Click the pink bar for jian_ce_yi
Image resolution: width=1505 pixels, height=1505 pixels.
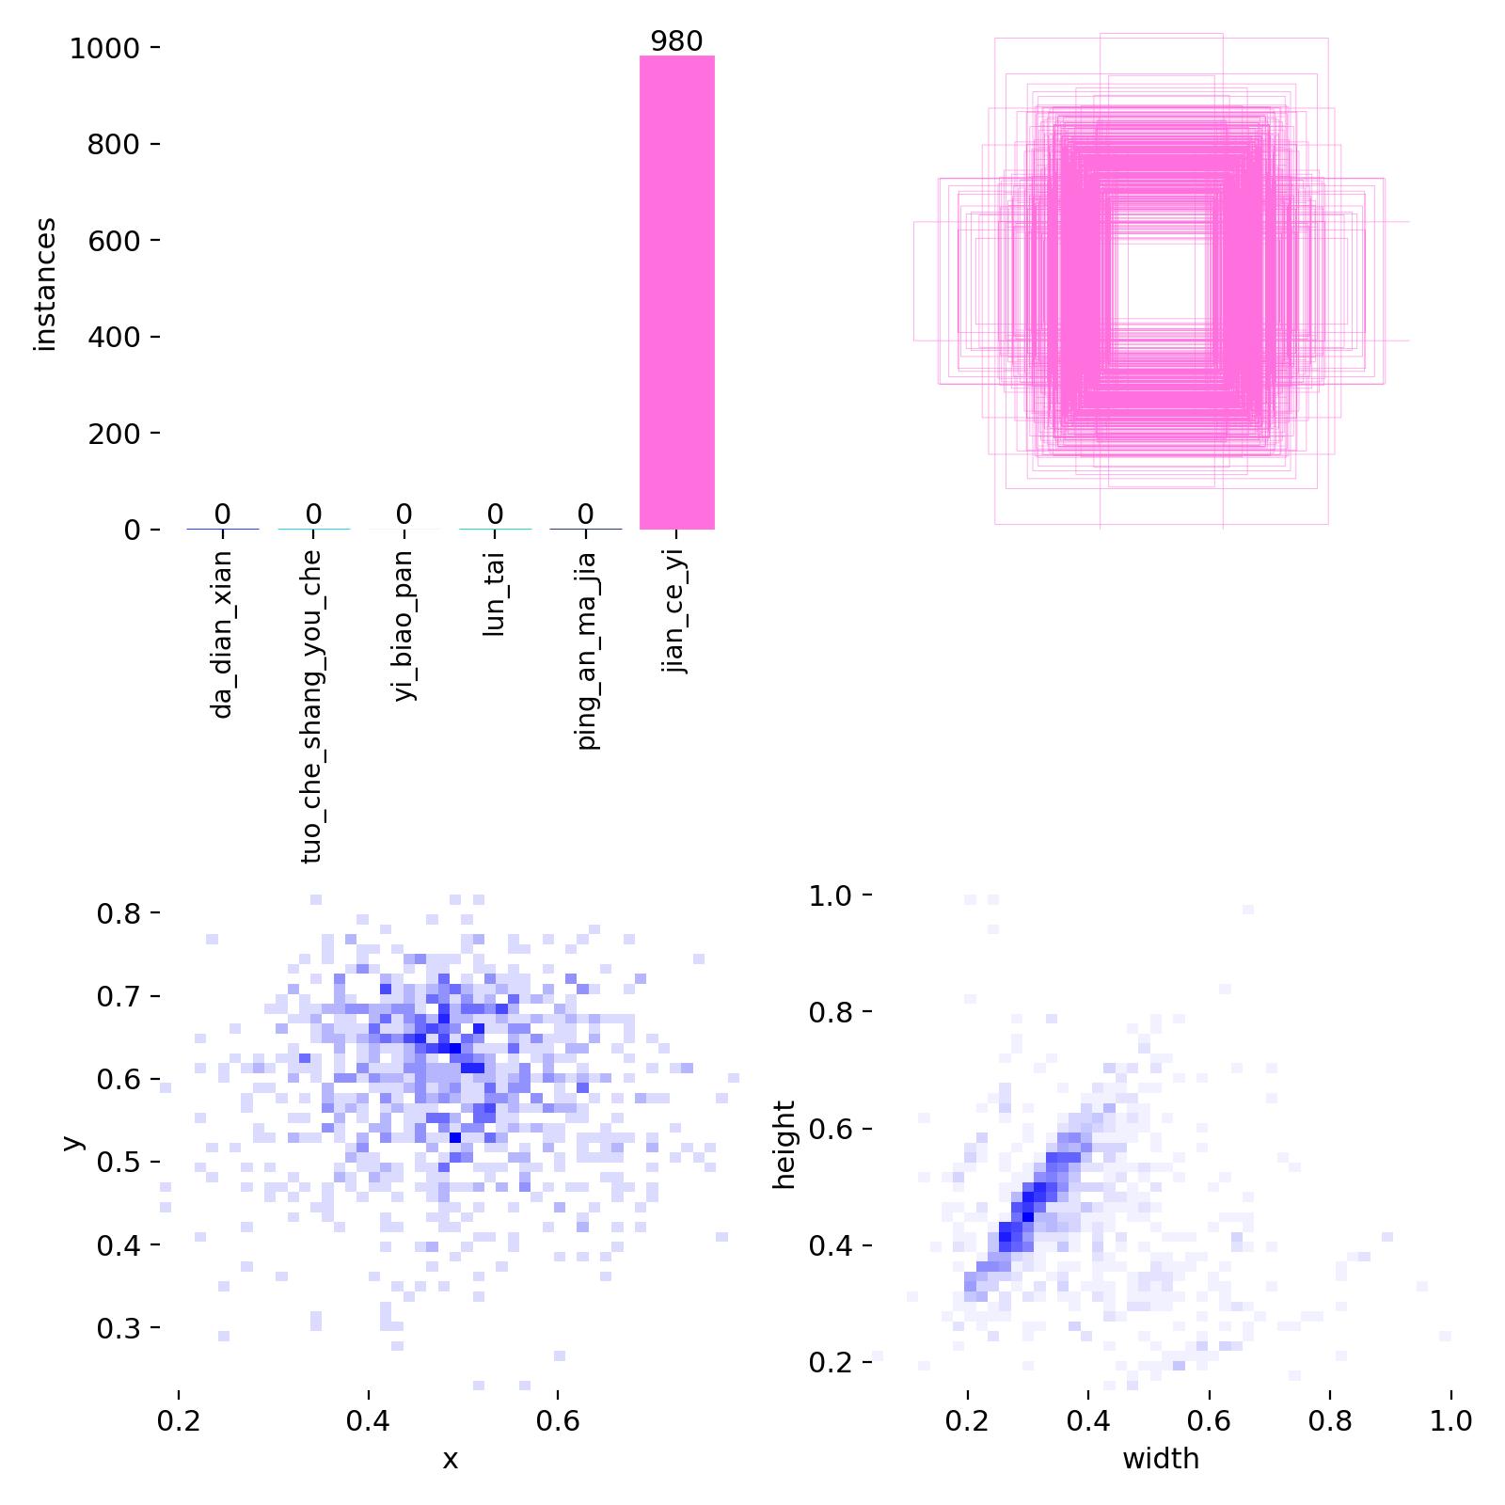[x=676, y=292]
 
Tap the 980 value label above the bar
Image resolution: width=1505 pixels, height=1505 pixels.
[x=676, y=41]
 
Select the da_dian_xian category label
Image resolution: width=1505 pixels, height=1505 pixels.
[x=222, y=635]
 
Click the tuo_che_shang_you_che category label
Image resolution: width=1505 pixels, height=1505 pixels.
[x=312, y=705]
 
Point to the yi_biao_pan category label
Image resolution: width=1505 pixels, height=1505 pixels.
[x=403, y=626]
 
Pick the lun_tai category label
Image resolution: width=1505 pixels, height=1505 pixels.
[x=494, y=594]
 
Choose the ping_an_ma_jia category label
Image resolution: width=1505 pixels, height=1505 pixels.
[x=585, y=650]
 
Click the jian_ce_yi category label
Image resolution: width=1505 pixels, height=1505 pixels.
[x=675, y=611]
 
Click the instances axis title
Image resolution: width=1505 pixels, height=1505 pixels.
[x=45, y=284]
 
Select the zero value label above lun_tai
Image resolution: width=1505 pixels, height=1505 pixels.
[x=495, y=515]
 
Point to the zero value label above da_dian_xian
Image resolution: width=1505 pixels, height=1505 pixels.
[x=222, y=515]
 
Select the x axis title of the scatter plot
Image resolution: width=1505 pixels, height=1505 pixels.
[x=451, y=1459]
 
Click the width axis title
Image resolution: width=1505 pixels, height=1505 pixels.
[x=1161, y=1459]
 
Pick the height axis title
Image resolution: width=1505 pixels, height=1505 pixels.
[x=784, y=1145]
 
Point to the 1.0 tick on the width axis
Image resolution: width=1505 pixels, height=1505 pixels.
[x=1450, y=1420]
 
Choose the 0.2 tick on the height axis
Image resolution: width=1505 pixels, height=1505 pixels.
[x=832, y=1362]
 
